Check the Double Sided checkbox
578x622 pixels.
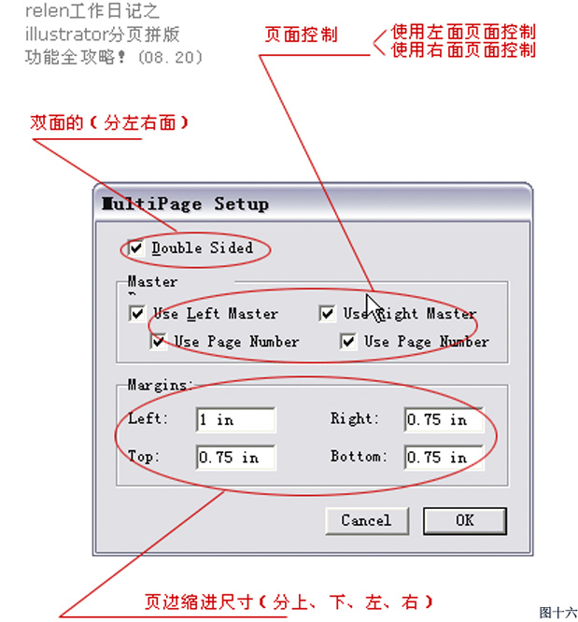click(x=136, y=248)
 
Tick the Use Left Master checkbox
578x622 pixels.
click(x=137, y=314)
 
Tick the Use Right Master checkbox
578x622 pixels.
click(x=327, y=314)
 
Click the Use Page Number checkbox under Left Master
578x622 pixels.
click(x=159, y=342)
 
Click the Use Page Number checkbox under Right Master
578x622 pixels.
click(x=348, y=342)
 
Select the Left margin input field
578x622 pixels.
click(x=235, y=419)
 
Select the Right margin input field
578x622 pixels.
click(x=444, y=419)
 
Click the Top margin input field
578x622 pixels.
click(x=235, y=458)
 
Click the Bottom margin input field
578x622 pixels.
click(x=444, y=458)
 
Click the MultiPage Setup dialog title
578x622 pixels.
click(x=185, y=204)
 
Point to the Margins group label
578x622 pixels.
click(x=161, y=385)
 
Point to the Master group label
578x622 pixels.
click(x=152, y=282)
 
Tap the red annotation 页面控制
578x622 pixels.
click(x=301, y=35)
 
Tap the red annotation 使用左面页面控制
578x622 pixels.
click(x=463, y=32)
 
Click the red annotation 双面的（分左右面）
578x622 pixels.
click(x=109, y=122)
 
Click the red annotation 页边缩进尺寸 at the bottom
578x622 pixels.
click(x=198, y=602)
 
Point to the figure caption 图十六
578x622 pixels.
click(x=558, y=612)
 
